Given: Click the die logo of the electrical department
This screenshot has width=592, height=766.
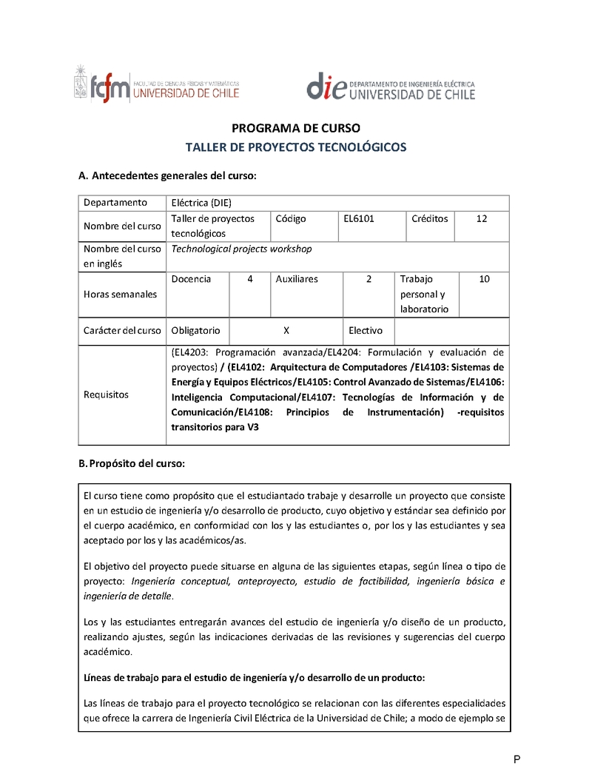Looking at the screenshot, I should (x=391, y=87).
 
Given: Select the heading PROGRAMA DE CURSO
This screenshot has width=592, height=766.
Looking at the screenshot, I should (x=296, y=128).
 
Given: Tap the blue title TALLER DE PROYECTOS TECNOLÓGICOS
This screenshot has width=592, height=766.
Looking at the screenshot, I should (x=296, y=147).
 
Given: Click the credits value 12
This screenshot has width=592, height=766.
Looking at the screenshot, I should (x=482, y=219).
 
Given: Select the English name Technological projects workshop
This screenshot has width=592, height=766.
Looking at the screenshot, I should (x=242, y=249).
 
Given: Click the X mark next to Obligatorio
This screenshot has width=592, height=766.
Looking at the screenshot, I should (x=286, y=330).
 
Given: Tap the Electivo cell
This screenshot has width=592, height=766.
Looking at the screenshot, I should (x=366, y=330).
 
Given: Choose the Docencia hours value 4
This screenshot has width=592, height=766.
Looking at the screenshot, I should (x=250, y=279).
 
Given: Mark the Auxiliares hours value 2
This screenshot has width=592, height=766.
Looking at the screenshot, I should (x=369, y=279).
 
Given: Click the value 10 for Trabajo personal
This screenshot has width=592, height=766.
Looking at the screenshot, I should (x=484, y=279).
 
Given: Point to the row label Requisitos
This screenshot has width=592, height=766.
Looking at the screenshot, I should (x=106, y=394).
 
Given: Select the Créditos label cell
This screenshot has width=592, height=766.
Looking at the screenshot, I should (x=430, y=219).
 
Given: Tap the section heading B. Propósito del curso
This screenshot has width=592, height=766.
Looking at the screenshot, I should (x=131, y=464).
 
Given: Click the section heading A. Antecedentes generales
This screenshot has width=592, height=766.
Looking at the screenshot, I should (x=167, y=176).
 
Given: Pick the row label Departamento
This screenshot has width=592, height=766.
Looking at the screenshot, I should (x=115, y=203).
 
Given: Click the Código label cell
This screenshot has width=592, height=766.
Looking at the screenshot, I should (x=291, y=219).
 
